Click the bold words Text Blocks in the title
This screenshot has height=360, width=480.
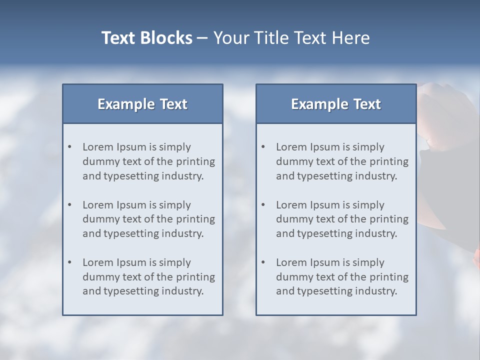pos(146,38)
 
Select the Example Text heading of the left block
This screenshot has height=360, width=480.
pos(142,104)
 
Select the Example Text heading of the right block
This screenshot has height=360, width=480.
pos(336,104)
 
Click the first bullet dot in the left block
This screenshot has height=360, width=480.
pos(69,147)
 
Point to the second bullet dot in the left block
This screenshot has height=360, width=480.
pos(69,205)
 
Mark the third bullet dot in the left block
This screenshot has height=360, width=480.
pos(69,262)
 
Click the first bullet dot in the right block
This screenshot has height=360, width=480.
pos(263,147)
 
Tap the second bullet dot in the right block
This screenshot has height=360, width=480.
pos(263,205)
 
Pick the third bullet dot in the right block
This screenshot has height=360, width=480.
pos(263,262)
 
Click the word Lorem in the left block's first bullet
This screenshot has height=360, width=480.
pos(97,147)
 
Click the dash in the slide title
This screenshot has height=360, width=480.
pos(203,38)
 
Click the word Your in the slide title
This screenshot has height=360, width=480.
pos(231,38)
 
